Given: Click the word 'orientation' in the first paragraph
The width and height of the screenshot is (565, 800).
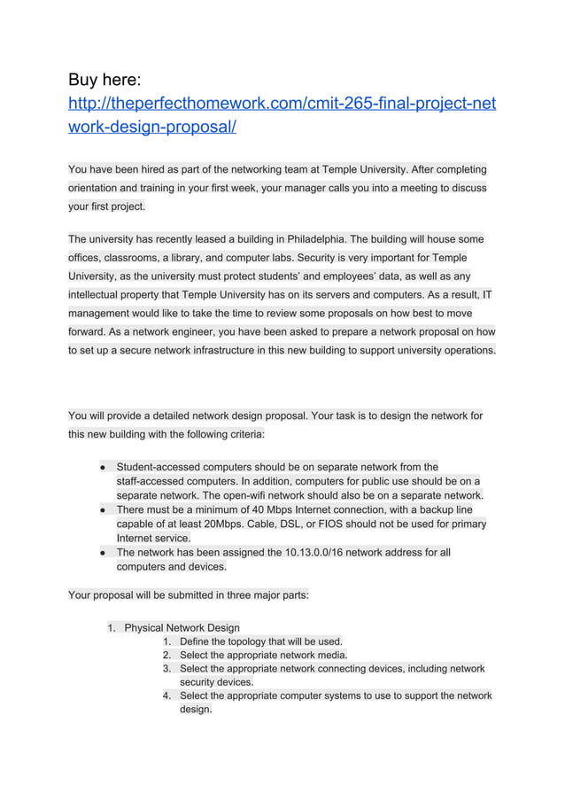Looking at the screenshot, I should pyautogui.click(x=98, y=188).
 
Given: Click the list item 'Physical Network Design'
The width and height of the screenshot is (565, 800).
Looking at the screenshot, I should pyautogui.click(x=182, y=627).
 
